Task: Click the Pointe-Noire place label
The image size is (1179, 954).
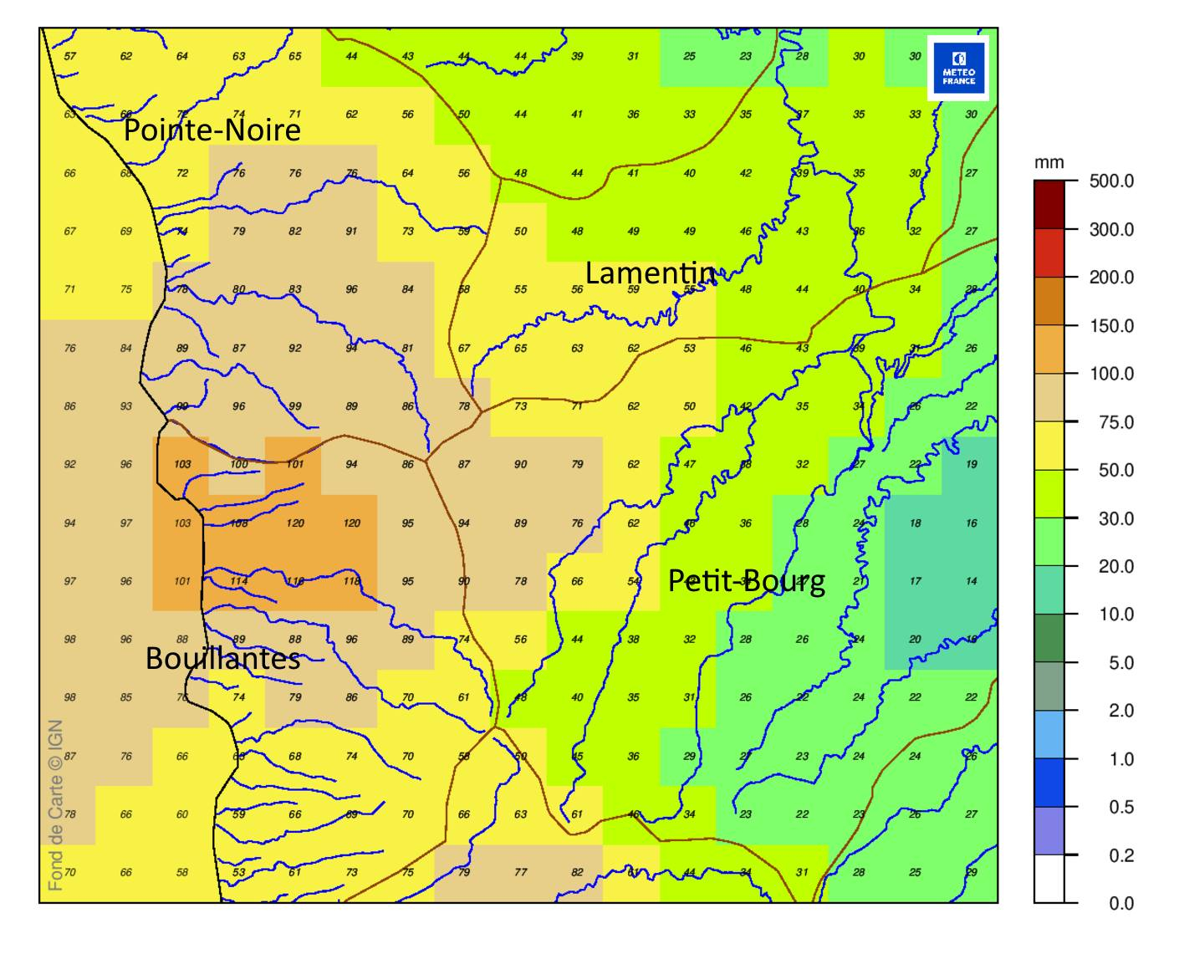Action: click(212, 130)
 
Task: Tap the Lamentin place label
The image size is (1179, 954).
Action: click(651, 273)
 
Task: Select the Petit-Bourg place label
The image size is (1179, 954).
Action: click(746, 580)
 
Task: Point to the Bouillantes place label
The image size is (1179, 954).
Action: click(222, 658)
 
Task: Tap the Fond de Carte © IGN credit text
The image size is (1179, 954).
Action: click(55, 805)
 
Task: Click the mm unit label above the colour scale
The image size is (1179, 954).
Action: click(1049, 162)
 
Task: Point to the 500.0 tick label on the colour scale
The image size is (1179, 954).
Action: click(1111, 181)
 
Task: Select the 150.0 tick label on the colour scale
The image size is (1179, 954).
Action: click(1111, 326)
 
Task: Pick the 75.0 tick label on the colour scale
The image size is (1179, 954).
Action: click(1115, 422)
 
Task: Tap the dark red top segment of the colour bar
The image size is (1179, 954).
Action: click(1049, 205)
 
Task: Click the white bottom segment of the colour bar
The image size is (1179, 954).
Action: click(1049, 879)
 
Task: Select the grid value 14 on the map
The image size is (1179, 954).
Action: click(971, 581)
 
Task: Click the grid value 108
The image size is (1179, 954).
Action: click(239, 523)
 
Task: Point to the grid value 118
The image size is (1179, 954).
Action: click(351, 581)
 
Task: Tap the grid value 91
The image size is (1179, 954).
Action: click(351, 232)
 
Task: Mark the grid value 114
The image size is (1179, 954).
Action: click(239, 581)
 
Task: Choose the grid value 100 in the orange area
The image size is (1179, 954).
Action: click(239, 464)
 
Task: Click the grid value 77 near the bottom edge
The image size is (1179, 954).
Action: click(520, 872)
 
